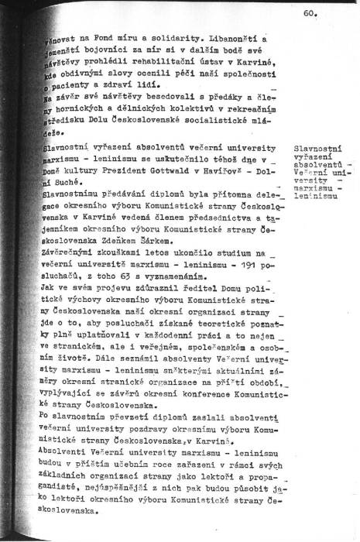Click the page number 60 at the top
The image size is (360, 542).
coord(309,13)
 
